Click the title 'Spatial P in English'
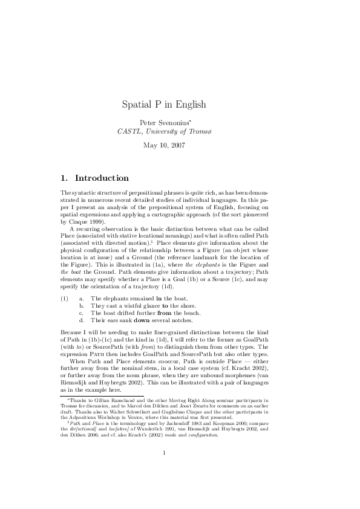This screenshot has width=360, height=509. tap(164, 104)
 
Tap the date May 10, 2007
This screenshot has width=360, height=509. tap(164, 145)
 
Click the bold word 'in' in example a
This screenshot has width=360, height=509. tap(159, 299)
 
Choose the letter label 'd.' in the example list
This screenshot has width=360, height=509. tap(82, 320)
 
